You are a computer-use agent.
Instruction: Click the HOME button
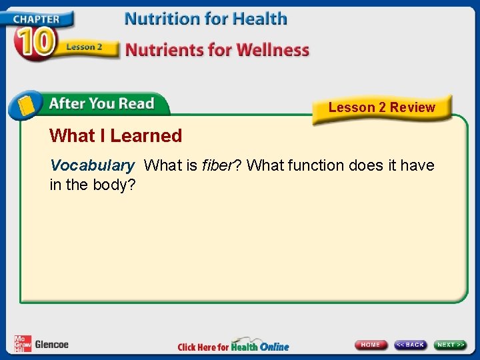click(371, 345)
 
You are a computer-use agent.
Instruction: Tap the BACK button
click(410, 345)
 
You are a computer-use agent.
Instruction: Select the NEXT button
click(450, 345)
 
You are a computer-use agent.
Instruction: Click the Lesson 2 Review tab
click(381, 107)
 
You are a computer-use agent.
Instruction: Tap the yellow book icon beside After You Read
click(26, 105)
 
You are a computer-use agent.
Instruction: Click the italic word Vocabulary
click(92, 165)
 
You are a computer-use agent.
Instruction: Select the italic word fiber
click(218, 165)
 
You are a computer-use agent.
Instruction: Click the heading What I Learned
click(115, 136)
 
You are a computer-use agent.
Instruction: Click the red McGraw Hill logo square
click(23, 344)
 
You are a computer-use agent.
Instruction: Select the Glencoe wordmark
click(52, 345)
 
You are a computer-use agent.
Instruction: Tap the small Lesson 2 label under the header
click(84, 47)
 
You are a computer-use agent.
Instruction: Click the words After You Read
click(101, 104)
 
